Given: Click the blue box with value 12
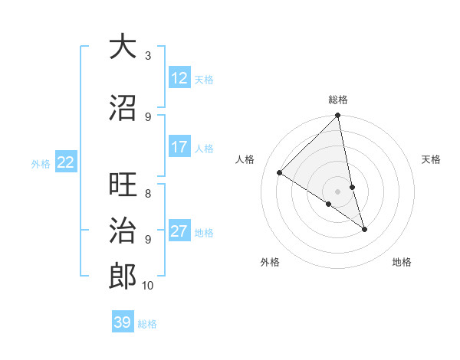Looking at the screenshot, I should [179, 78].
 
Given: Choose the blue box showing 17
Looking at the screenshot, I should [179, 147].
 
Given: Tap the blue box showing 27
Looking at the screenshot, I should [179, 231].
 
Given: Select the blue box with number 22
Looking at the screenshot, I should [66, 162].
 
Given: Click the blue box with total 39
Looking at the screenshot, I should [123, 322].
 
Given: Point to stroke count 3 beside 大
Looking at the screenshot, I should [148, 56].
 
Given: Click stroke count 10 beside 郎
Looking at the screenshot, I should [148, 286].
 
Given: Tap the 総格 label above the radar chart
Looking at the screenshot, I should [338, 100].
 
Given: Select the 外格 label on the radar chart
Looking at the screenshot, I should [270, 262].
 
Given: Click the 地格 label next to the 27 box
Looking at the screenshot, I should [204, 232].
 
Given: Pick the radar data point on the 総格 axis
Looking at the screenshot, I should [338, 116].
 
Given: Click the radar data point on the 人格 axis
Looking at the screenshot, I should [280, 173].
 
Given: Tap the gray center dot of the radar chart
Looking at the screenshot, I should [338, 191].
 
